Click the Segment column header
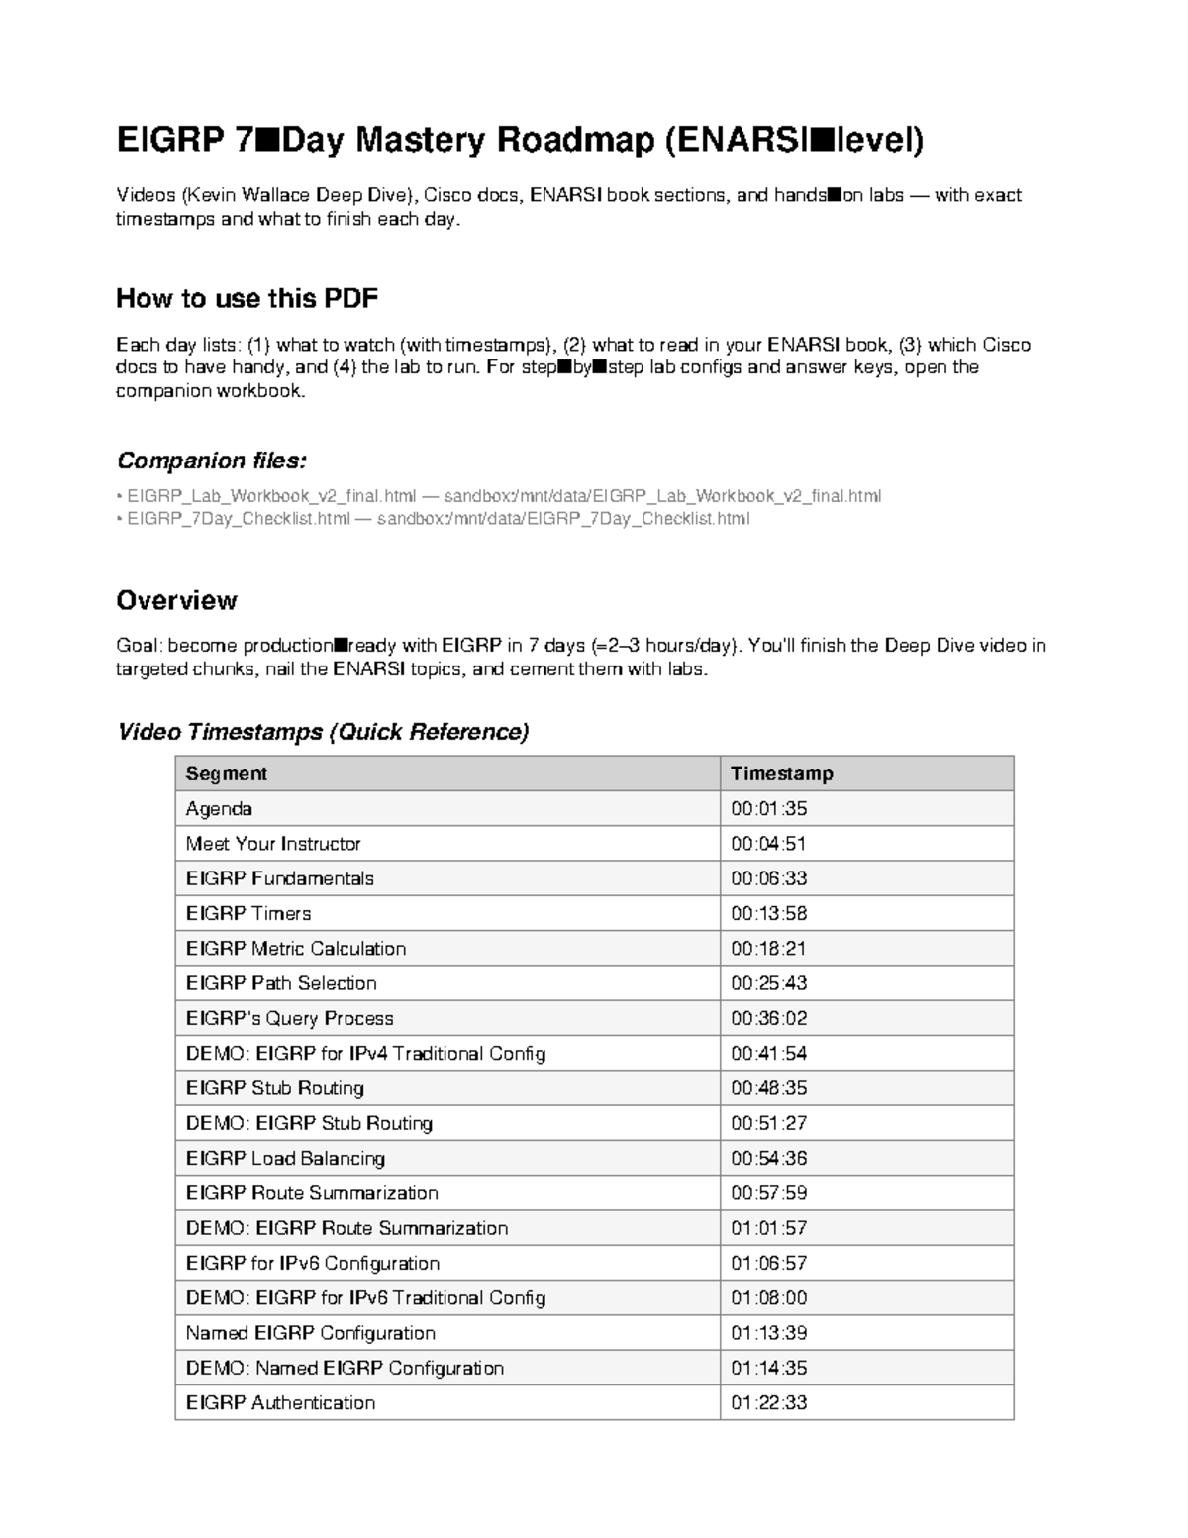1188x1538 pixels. pyautogui.click(x=227, y=773)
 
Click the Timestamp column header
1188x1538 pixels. pyautogui.click(x=781, y=773)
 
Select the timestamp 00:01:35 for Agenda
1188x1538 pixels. pyautogui.click(x=768, y=809)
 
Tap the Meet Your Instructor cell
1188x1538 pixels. pyautogui.click(x=273, y=844)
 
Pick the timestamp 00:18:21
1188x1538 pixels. pyautogui.click(x=768, y=949)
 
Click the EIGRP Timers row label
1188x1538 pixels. pyautogui.click(x=248, y=913)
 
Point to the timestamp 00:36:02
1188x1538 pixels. pyautogui.click(x=768, y=1018)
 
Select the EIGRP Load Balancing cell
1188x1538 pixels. pyautogui.click(x=285, y=1158)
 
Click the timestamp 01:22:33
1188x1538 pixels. pyautogui.click(x=768, y=1402)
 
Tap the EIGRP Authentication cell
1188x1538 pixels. pyautogui.click(x=280, y=1402)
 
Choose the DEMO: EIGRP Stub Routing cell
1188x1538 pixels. pyautogui.click(x=309, y=1123)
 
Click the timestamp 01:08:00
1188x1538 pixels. pyautogui.click(x=768, y=1297)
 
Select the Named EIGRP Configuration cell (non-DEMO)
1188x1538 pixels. pyautogui.click(x=310, y=1333)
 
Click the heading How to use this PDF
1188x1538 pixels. pyautogui.click(x=247, y=298)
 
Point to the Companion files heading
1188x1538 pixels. pyautogui.click(x=211, y=461)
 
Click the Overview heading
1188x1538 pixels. pyautogui.click(x=176, y=600)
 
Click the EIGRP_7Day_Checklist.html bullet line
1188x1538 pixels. pyautogui.click(x=436, y=518)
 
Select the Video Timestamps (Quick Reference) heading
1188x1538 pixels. pyautogui.click(x=323, y=732)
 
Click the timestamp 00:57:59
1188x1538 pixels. pyautogui.click(x=768, y=1193)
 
